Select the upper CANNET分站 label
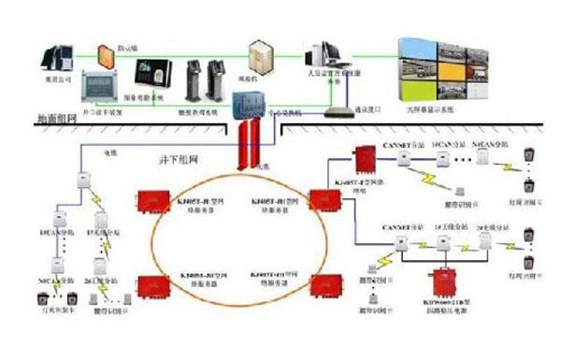tap(399, 144)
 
